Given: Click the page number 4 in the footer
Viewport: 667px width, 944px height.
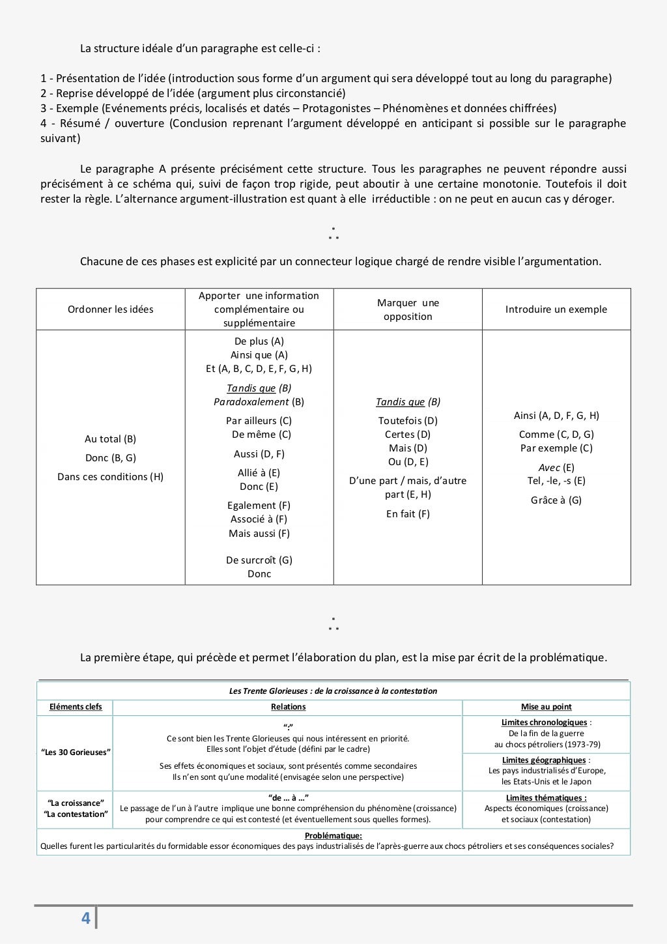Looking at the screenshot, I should (85, 918).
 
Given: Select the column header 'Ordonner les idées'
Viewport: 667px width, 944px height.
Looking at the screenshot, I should (111, 309).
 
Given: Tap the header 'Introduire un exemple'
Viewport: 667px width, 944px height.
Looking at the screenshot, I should (556, 309).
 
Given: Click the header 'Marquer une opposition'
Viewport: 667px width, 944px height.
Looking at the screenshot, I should (408, 309).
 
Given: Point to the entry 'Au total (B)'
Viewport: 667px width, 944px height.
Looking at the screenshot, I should (111, 439).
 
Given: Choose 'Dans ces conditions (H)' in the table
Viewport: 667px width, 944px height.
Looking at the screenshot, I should (111, 477).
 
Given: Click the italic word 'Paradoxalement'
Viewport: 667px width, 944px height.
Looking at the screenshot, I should (251, 402).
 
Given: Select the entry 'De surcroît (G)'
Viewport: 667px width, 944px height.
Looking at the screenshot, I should (259, 560).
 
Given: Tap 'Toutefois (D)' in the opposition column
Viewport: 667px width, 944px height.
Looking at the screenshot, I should (408, 421).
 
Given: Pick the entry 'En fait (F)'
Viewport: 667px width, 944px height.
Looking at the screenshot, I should (408, 514).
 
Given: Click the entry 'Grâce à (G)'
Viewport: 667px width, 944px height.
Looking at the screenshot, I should (556, 500).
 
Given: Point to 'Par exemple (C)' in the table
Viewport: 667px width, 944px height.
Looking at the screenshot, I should (556, 448).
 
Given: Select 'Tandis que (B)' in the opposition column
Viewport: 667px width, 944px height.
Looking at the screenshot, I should (408, 402).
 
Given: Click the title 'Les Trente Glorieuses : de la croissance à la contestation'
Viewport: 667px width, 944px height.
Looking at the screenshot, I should (333, 691).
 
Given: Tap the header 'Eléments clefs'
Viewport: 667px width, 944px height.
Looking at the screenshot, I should (76, 707).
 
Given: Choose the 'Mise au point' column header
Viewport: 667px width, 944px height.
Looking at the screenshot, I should (546, 707).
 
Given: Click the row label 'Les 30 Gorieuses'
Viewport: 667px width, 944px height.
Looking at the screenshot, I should (76, 752).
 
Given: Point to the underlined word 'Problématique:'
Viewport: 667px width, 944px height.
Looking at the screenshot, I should (333, 836).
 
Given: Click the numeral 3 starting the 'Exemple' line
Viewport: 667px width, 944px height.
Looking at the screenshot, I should (44, 108).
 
